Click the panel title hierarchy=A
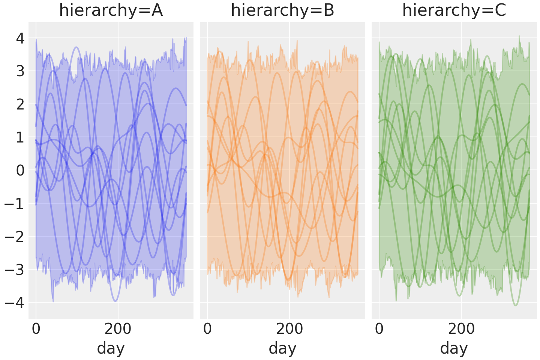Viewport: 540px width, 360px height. click(x=111, y=10)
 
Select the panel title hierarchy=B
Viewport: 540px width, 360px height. click(x=282, y=10)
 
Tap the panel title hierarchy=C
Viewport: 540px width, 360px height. click(x=454, y=10)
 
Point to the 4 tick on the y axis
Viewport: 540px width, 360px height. click(x=20, y=38)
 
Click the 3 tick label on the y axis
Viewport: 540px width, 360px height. click(x=20, y=71)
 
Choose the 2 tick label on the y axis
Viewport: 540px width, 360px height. click(x=20, y=104)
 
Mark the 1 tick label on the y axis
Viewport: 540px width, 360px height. click(x=20, y=137)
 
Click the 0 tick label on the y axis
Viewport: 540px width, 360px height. click(x=20, y=170)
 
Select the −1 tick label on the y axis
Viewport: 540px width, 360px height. click(x=15, y=203)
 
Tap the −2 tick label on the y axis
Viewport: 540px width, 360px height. click(x=15, y=236)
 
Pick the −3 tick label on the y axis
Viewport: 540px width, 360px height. click(x=15, y=269)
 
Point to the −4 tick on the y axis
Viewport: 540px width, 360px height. click(x=15, y=302)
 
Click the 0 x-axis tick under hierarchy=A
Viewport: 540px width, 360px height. click(x=36, y=329)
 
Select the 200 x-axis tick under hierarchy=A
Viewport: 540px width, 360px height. click(x=118, y=329)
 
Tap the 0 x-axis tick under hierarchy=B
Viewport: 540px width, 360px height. click(x=207, y=329)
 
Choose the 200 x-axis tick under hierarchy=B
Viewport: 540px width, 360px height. click(x=289, y=329)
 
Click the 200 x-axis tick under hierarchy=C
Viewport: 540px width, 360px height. click(x=461, y=329)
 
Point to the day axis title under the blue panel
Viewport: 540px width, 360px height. click(x=111, y=348)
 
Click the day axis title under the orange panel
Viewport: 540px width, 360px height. click(x=282, y=348)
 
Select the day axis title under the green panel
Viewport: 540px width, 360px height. click(x=454, y=348)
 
